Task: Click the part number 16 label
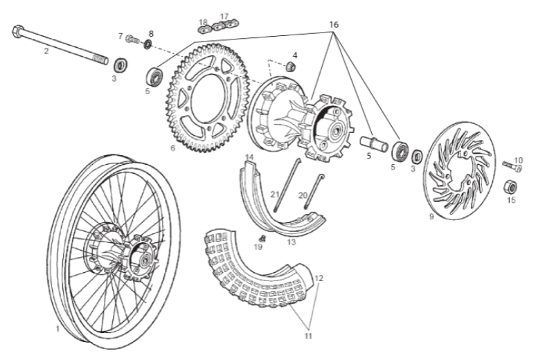[334, 25]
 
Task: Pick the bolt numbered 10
[513, 166]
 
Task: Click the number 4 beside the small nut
[294, 55]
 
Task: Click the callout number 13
[292, 242]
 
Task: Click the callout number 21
[274, 195]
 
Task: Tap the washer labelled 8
[148, 45]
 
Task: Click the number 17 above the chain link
[224, 16]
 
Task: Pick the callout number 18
[203, 22]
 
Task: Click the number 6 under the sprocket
[173, 147]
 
